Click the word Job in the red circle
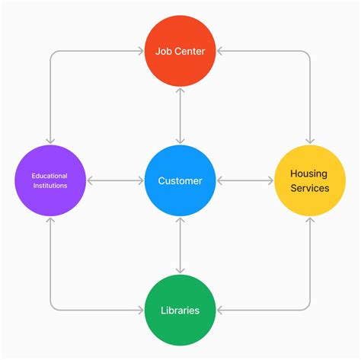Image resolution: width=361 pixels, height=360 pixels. [x=163, y=53]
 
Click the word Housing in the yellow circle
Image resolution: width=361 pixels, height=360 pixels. [x=310, y=174]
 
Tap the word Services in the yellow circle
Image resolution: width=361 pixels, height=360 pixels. [x=310, y=188]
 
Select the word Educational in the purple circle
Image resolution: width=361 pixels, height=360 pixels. [x=50, y=176]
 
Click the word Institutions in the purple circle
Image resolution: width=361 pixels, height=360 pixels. [x=50, y=186]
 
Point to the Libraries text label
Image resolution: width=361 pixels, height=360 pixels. [x=180, y=311]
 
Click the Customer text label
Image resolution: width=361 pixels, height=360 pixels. [x=180, y=181]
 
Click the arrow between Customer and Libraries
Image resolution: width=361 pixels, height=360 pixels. [x=180, y=245]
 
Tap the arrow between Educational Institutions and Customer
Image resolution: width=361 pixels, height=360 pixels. [x=115, y=181]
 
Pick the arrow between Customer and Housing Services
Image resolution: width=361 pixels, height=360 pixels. [x=245, y=181]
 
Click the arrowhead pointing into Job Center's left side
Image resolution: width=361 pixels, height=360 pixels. [x=141, y=53]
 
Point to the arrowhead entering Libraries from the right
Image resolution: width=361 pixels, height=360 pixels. [x=219, y=311]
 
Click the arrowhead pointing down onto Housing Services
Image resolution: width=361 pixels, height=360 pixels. [x=310, y=141]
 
